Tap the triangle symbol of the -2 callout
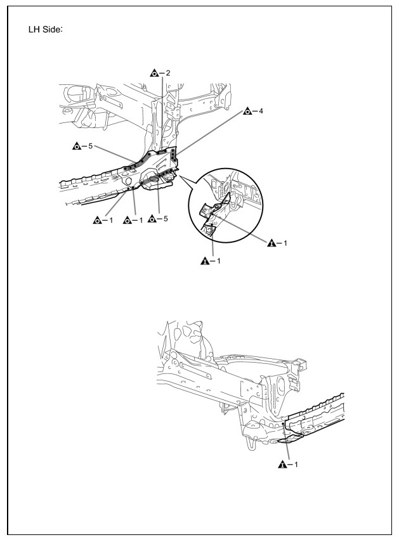tap(153, 74)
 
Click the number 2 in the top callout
tap(168, 74)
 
